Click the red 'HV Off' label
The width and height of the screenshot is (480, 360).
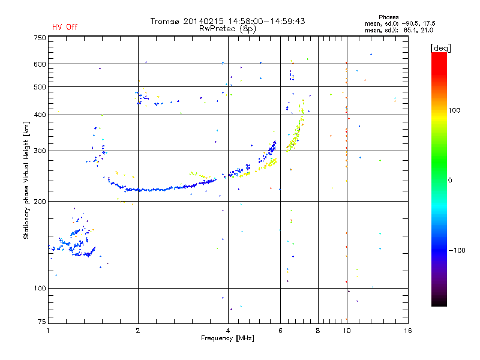point(64,27)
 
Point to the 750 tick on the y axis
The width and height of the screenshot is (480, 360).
point(40,38)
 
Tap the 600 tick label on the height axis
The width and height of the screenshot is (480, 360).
point(40,64)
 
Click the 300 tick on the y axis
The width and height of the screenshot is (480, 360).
point(40,151)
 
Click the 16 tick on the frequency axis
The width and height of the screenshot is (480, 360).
point(408,331)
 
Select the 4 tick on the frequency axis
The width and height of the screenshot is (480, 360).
point(228,331)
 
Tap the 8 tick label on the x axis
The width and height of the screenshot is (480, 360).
point(318,331)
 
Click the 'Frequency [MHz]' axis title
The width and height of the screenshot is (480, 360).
point(227,339)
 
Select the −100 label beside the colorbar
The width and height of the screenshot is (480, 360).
point(457,250)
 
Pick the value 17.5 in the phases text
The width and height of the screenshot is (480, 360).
point(425,23)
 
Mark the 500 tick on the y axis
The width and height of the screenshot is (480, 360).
point(40,87)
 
